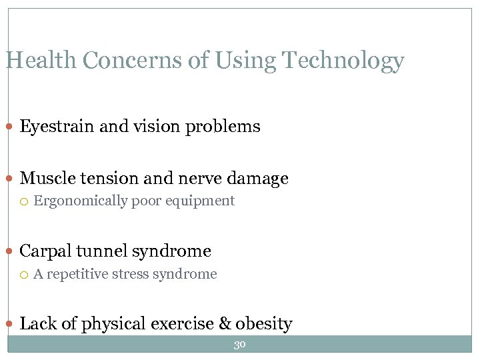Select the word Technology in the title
pos(343,61)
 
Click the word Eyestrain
pos(57,127)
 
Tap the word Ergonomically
pos(81,201)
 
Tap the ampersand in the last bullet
pos(224,324)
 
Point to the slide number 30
pos(240,344)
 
